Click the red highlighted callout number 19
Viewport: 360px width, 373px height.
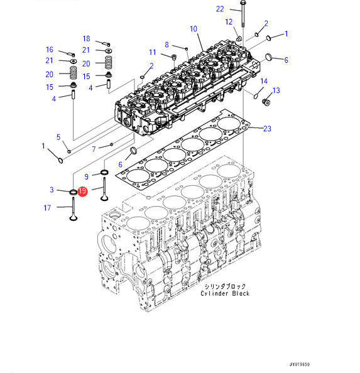tap(82, 191)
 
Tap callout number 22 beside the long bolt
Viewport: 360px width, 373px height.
tap(220, 9)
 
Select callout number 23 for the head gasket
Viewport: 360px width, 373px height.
tap(267, 129)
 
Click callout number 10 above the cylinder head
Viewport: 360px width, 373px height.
tap(194, 29)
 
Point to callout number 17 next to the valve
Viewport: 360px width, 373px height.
tap(47, 208)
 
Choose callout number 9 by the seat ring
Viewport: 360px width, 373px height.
tap(86, 176)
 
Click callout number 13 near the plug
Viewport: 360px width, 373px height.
tap(276, 90)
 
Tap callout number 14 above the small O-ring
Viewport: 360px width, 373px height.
tap(264, 82)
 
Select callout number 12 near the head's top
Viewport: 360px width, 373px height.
tap(229, 22)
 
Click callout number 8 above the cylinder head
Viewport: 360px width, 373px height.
tap(166, 45)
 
